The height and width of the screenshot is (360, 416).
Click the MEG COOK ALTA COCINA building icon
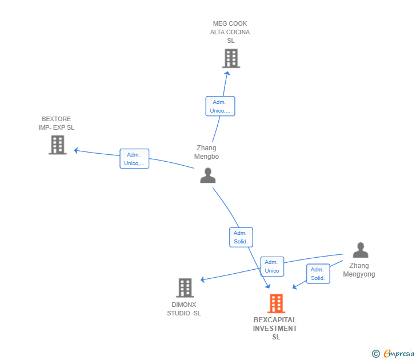pyautogui.click(x=231, y=58)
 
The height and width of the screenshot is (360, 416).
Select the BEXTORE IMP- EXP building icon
pyautogui.click(x=58, y=145)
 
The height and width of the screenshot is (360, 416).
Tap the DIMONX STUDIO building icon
pyautogui.click(x=185, y=288)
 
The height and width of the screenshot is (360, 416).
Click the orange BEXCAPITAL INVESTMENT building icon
pyautogui.click(x=276, y=303)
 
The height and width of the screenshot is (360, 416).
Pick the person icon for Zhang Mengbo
pyautogui.click(x=208, y=175)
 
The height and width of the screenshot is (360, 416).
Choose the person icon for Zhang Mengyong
pyautogui.click(x=360, y=250)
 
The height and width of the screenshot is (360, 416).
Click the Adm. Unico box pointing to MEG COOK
pyautogui.click(x=220, y=106)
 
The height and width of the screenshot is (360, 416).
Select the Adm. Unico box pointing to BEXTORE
pyautogui.click(x=134, y=159)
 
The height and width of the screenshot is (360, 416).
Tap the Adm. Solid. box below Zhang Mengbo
pyautogui.click(x=241, y=237)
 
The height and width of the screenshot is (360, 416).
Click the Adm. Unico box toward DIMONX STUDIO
pyautogui.click(x=272, y=266)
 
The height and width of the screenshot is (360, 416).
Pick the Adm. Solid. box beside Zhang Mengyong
pyautogui.click(x=318, y=274)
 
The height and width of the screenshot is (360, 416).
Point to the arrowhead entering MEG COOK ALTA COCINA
pyautogui.click(x=227, y=73)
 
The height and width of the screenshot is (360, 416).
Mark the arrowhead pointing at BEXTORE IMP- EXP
pyautogui.click(x=76, y=150)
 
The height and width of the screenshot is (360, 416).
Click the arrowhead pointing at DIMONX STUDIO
pyautogui.click(x=203, y=279)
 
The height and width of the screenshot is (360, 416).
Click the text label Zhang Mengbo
pyautogui.click(x=206, y=152)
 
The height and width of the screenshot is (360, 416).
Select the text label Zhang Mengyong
pyautogui.click(x=359, y=270)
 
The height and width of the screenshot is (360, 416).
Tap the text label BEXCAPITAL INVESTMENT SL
pyautogui.click(x=275, y=329)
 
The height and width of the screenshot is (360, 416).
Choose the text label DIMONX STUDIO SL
pyautogui.click(x=184, y=309)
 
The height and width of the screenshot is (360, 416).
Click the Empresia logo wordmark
pyautogui.click(x=399, y=353)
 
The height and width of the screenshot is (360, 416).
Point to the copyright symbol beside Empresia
pyautogui.click(x=376, y=354)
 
